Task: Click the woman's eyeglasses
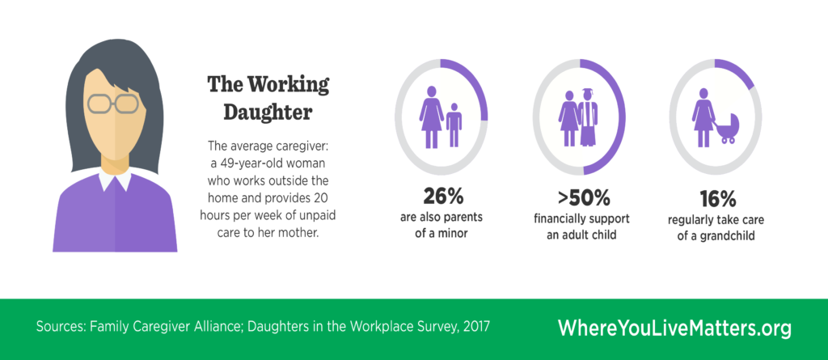[x=112, y=104]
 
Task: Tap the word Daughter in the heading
[x=260, y=112]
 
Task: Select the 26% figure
[x=441, y=197]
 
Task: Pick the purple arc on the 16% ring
[x=741, y=77]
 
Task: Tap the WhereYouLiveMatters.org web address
[x=674, y=328]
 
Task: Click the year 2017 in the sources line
[x=474, y=328]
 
